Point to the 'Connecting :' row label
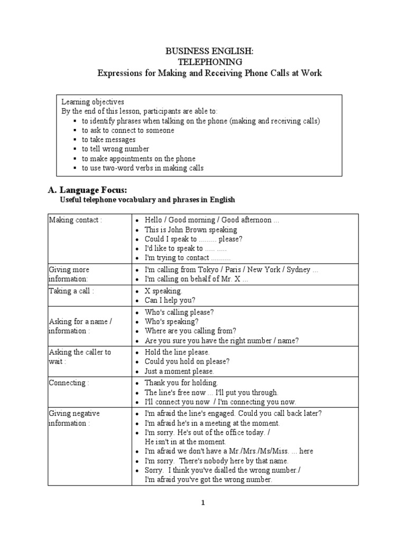[x=69, y=383]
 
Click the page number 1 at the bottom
[x=202, y=502]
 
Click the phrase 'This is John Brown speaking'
[x=191, y=230]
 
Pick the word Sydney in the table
[x=299, y=269]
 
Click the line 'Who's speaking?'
[x=172, y=321]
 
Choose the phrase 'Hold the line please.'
[x=177, y=352]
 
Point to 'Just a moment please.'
[x=179, y=372]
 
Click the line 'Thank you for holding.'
[x=181, y=383]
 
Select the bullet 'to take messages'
[x=108, y=139]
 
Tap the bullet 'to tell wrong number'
[x=115, y=149]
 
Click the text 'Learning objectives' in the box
[x=93, y=101]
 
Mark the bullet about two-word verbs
[x=142, y=168]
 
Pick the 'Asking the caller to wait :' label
[x=80, y=357]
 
